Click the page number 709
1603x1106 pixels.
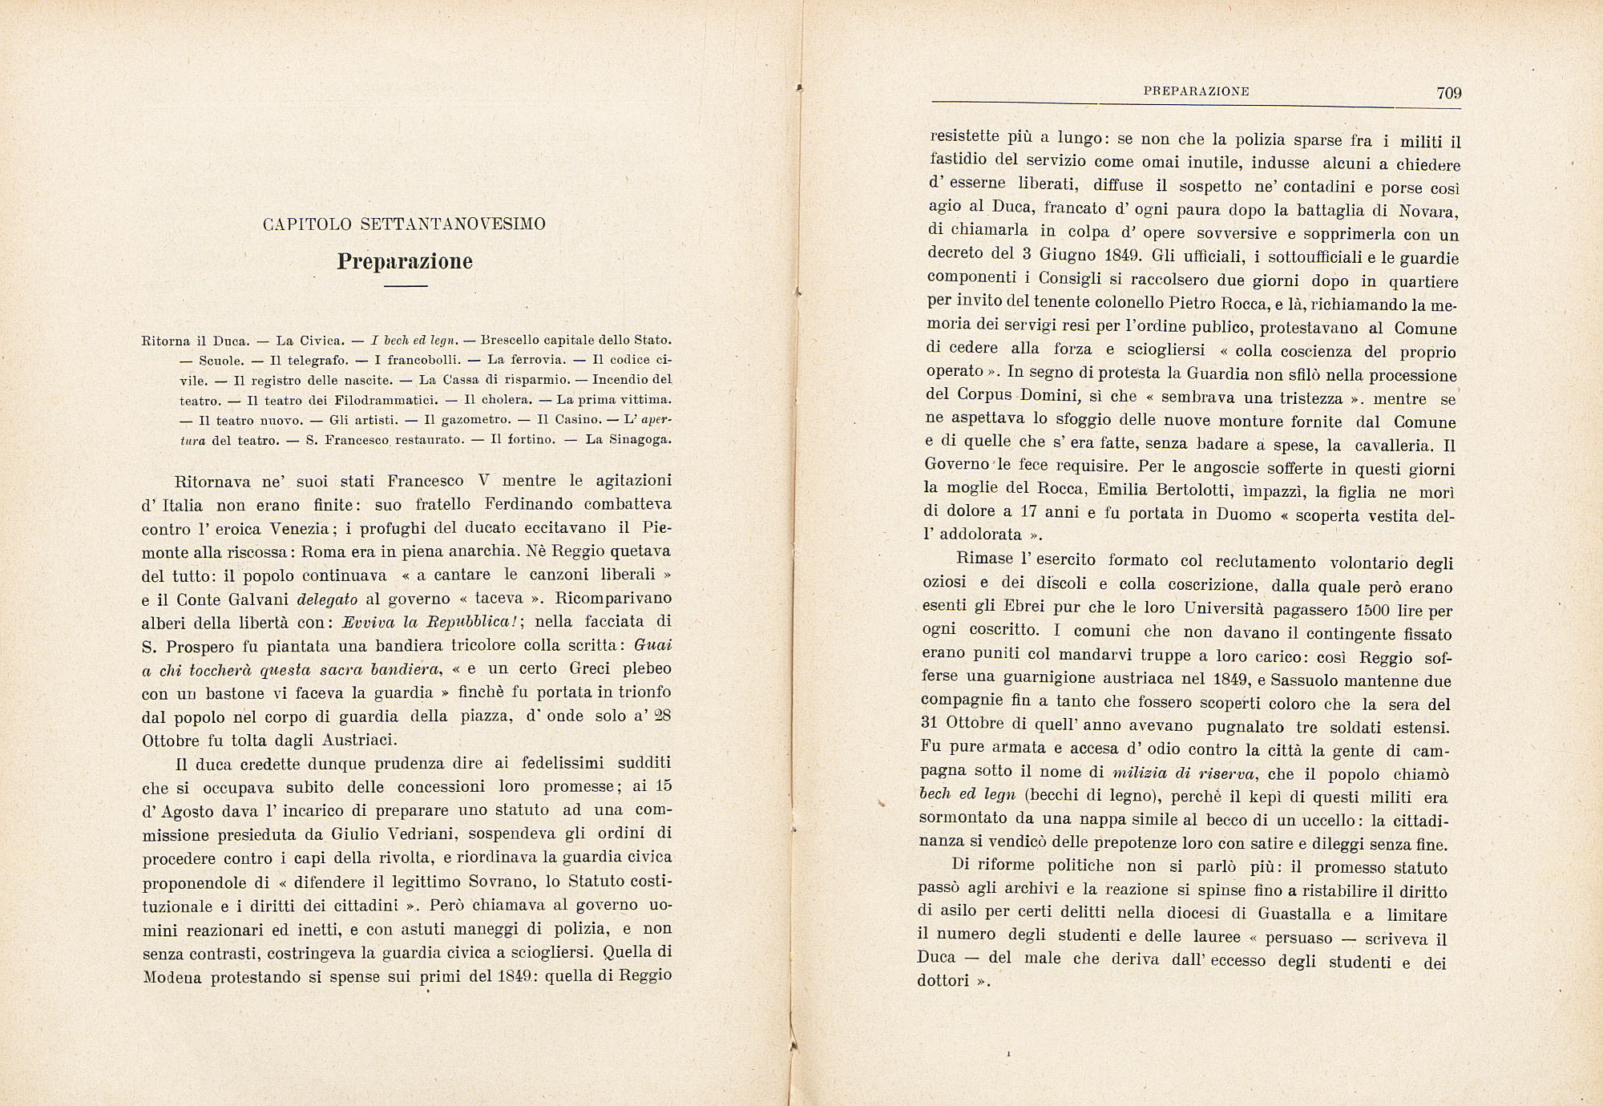pyautogui.click(x=1449, y=93)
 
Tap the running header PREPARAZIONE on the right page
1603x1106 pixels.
pyautogui.click(x=1196, y=91)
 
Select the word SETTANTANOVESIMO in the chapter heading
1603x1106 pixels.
pyautogui.click(x=453, y=224)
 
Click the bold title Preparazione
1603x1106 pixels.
pyautogui.click(x=405, y=261)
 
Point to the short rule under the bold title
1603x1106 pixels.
pyautogui.click(x=405, y=285)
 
